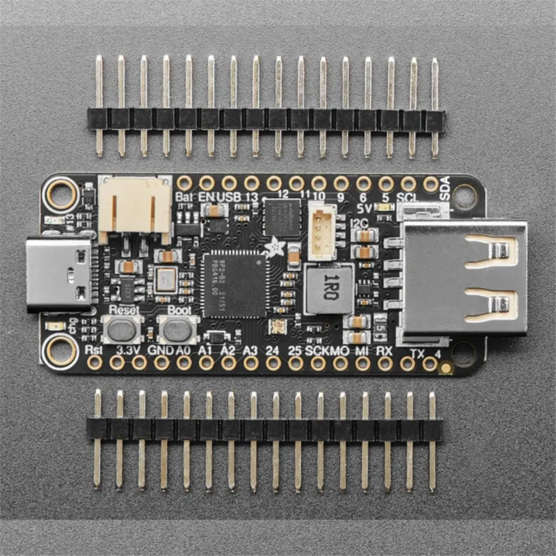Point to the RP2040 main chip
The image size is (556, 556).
click(x=234, y=285)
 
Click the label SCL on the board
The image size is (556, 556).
click(x=408, y=196)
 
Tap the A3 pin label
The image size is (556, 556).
click(x=250, y=351)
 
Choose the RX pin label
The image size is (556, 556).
click(x=384, y=351)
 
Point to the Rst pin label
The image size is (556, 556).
click(x=94, y=350)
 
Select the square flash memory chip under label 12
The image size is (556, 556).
click(x=278, y=217)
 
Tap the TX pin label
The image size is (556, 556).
click(x=417, y=354)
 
